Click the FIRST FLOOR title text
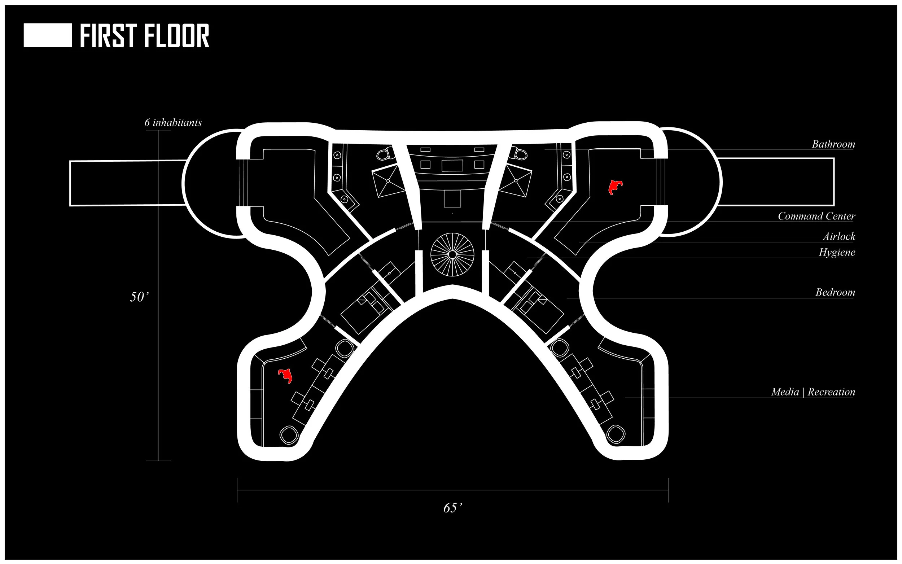tap(144, 36)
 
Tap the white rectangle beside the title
tap(48, 35)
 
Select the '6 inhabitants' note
tap(173, 123)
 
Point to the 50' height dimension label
tap(139, 297)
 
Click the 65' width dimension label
tap(452, 508)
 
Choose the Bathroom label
tap(833, 144)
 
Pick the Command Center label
tap(816, 217)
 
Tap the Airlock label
tap(838, 236)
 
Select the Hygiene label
tap(836, 253)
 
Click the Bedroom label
tap(835, 292)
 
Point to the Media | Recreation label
tap(813, 392)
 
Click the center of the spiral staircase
tap(452, 254)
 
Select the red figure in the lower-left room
tap(285, 376)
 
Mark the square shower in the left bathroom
tap(389, 180)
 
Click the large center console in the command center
tap(452, 165)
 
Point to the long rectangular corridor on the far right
tap(776, 182)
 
